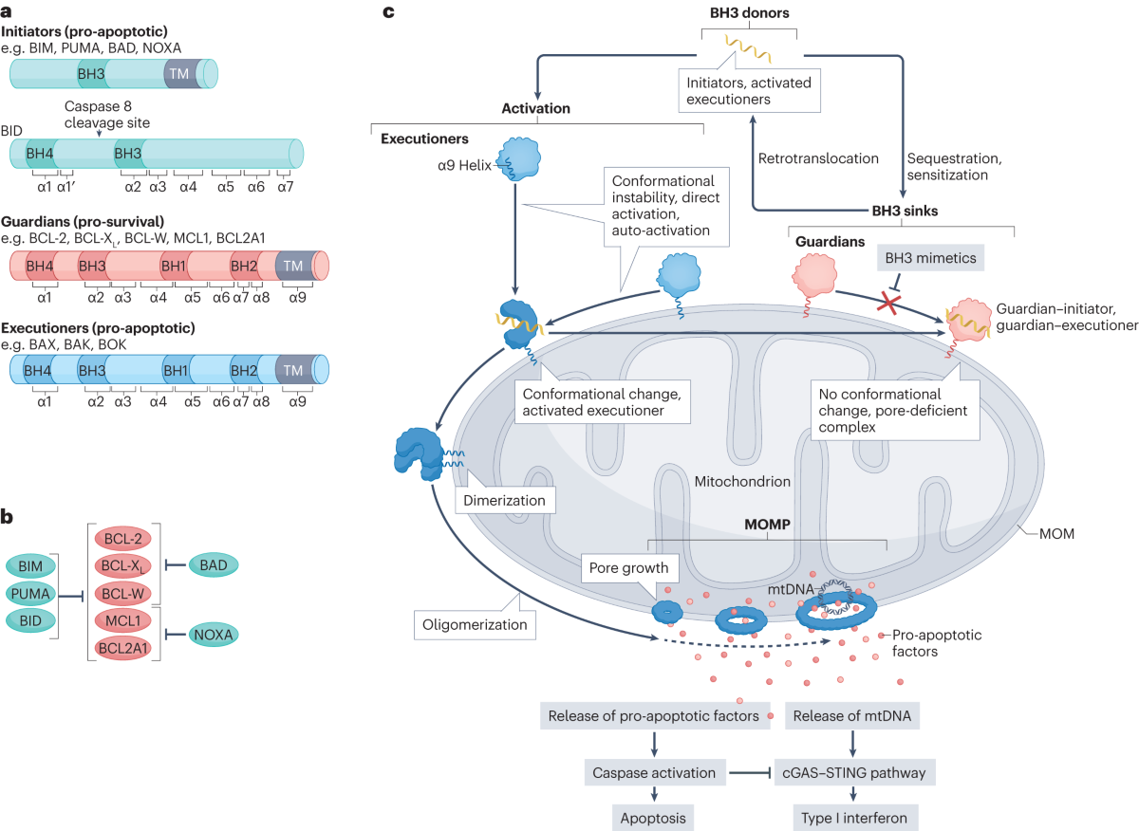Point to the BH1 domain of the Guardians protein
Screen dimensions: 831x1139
coord(175,265)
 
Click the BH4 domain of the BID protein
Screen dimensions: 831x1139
coord(41,153)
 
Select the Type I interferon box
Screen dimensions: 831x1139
coord(851,815)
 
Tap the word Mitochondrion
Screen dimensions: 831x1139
coord(743,481)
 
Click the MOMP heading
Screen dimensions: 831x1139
coord(767,524)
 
